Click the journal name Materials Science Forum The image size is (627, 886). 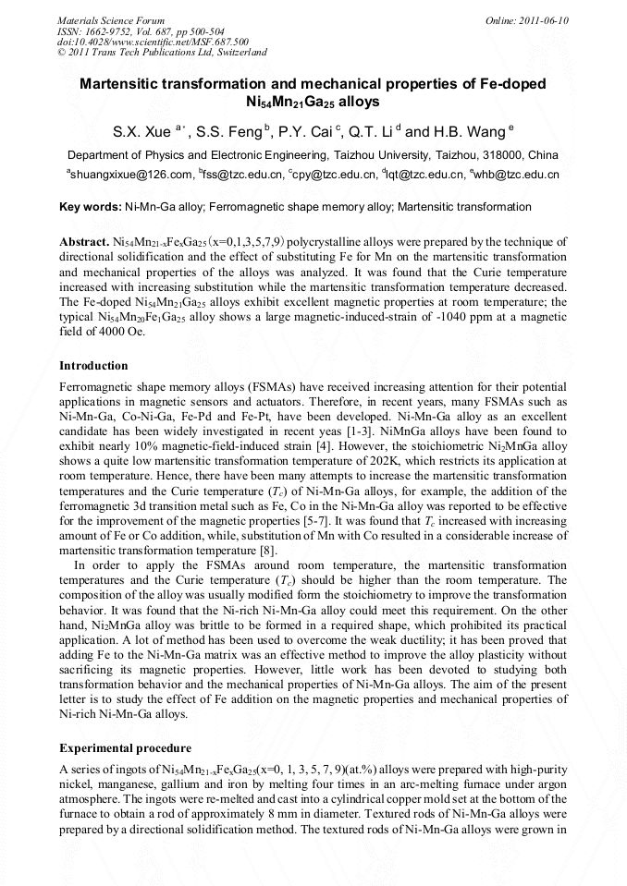[x=111, y=19]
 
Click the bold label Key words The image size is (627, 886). [x=90, y=207]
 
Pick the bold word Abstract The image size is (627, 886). [x=84, y=241]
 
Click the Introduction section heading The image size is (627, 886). [x=93, y=366]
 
